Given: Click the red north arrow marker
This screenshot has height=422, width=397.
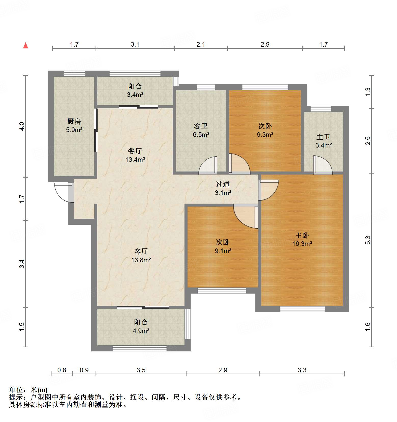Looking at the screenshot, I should click(x=25, y=46).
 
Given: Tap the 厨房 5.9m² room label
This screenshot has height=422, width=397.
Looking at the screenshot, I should click(x=74, y=125).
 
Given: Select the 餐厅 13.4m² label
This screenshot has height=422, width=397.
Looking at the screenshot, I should click(x=135, y=155).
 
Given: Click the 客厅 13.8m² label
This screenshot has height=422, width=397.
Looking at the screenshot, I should click(x=141, y=256).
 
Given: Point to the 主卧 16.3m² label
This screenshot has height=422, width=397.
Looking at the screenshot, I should click(x=302, y=239).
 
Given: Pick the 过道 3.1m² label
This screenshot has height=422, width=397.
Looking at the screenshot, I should click(x=223, y=188).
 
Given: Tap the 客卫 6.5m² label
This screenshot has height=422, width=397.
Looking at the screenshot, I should click(x=201, y=130).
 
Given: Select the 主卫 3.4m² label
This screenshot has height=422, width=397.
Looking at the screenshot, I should click(x=323, y=141).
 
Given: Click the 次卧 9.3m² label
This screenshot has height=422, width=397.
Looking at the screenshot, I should click(x=265, y=130).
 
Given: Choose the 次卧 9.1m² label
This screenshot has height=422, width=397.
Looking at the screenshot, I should click(x=223, y=246).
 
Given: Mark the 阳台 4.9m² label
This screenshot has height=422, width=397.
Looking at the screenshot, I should click(x=141, y=326).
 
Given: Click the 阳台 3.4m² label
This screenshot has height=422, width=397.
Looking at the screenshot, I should click(x=135, y=90).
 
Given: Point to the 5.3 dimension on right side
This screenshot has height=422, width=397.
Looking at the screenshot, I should click(x=367, y=240).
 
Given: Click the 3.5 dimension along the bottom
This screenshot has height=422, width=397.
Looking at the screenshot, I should click(x=141, y=370).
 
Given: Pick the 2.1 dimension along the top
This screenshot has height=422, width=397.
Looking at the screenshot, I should click(x=201, y=44).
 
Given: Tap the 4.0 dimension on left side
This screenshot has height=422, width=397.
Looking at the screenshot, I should click(x=22, y=126).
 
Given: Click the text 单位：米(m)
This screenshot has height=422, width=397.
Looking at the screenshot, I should click(x=28, y=390).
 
